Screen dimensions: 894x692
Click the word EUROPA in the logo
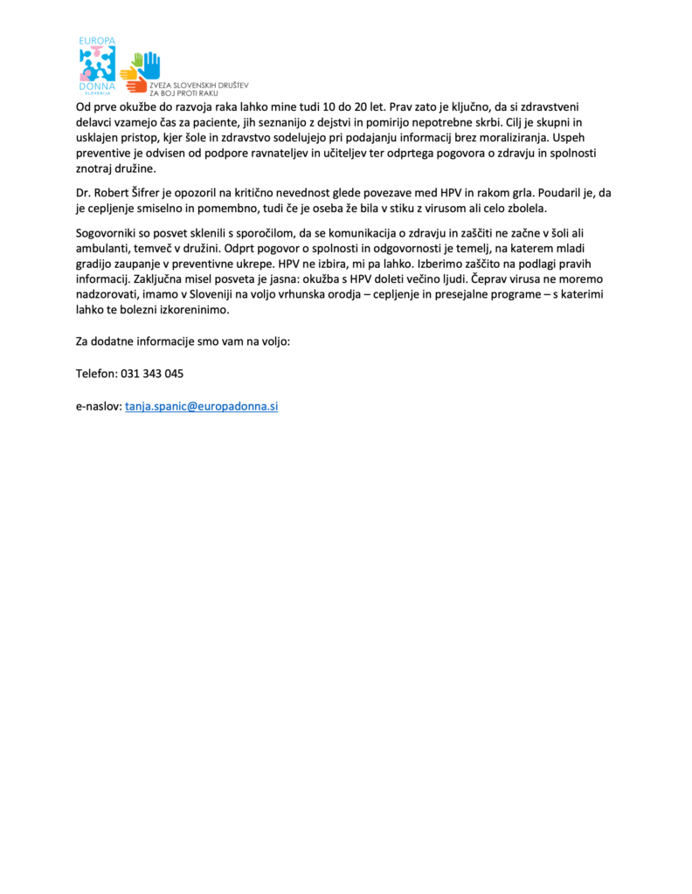pyautogui.click(x=97, y=42)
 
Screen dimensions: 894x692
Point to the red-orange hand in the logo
pyautogui.click(x=136, y=85)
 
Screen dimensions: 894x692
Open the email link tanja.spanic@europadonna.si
pyautogui.click(x=201, y=407)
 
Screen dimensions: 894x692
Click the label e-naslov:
pyautogui.click(x=99, y=407)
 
